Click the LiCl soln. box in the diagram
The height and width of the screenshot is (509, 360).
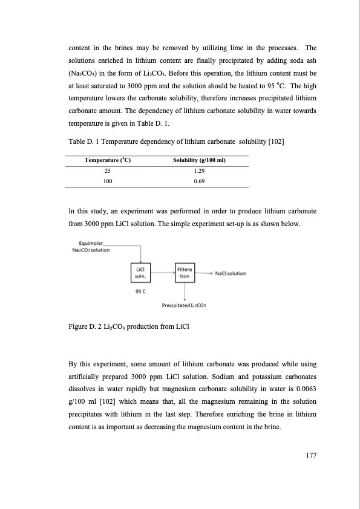coord(141,273)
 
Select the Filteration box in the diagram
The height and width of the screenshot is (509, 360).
coord(184,273)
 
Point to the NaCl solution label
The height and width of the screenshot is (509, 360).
coord(231,273)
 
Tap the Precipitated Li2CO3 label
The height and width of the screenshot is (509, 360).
coord(185,305)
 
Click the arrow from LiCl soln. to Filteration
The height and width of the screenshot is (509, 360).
coord(162,273)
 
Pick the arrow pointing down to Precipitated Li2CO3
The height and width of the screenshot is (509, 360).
coord(184,291)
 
